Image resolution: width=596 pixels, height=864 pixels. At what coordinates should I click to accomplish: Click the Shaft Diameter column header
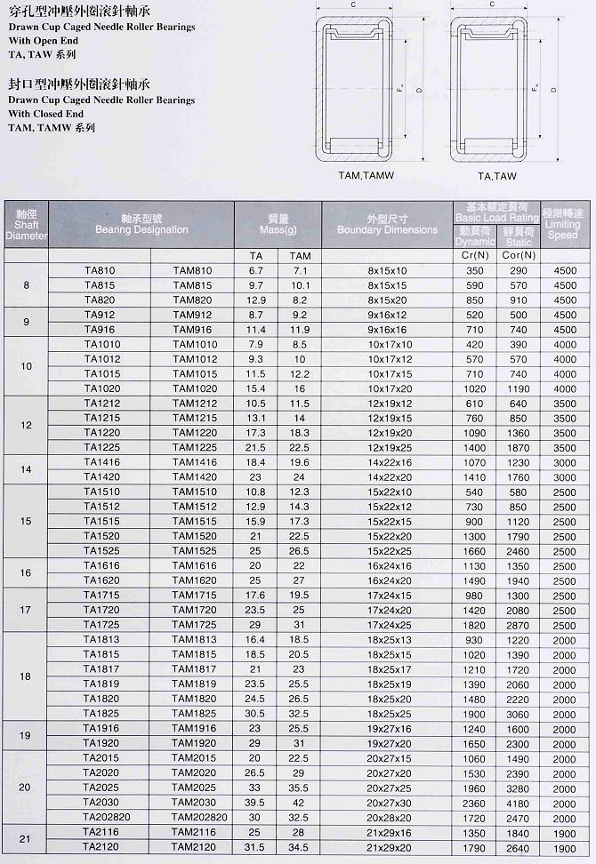coord(26,225)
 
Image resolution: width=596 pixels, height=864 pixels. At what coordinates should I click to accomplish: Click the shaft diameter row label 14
coord(26,468)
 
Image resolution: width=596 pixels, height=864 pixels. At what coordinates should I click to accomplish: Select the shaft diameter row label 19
coord(26,735)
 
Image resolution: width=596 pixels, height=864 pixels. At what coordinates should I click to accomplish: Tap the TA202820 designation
coord(106,818)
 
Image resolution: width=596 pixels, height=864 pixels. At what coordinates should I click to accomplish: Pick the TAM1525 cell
coord(194,550)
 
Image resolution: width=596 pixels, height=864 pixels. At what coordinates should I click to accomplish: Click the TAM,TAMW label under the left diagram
coord(362,176)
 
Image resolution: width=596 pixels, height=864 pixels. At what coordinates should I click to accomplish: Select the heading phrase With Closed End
coord(45,114)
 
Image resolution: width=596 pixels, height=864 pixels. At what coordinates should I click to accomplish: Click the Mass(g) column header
coord(277,224)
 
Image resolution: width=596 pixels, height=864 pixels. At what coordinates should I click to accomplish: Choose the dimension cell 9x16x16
coord(386,329)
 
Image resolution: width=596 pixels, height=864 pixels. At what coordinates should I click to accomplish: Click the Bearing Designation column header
coord(142,224)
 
